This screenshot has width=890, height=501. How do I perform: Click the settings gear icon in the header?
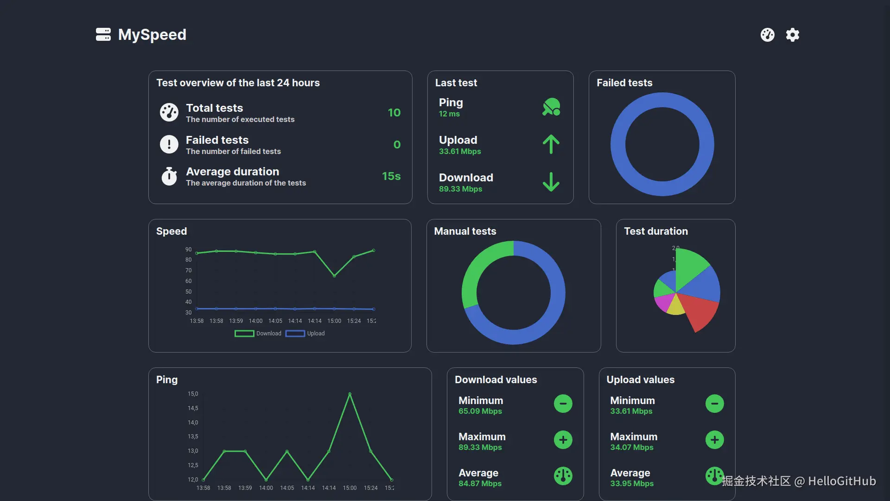point(793,35)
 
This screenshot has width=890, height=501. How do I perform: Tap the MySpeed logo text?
point(152,35)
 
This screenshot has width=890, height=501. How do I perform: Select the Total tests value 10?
point(394,113)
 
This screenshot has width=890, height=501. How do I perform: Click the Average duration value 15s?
point(391,176)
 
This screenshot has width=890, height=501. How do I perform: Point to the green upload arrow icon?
point(551,144)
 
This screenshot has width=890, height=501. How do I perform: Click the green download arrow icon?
point(551,182)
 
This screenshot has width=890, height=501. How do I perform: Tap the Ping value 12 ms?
point(449,114)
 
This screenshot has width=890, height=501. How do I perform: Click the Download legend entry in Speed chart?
point(258,334)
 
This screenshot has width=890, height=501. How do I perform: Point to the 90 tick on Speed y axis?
point(188,250)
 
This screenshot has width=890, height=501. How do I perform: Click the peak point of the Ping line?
point(350,394)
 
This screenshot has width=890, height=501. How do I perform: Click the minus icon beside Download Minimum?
point(563,404)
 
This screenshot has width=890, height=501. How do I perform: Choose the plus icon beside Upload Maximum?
point(714,440)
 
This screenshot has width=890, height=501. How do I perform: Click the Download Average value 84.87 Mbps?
point(480,484)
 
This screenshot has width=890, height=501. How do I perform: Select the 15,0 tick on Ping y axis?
point(193,394)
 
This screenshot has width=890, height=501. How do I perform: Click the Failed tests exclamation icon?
point(169,144)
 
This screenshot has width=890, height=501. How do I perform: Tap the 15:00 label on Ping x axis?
point(350,488)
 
